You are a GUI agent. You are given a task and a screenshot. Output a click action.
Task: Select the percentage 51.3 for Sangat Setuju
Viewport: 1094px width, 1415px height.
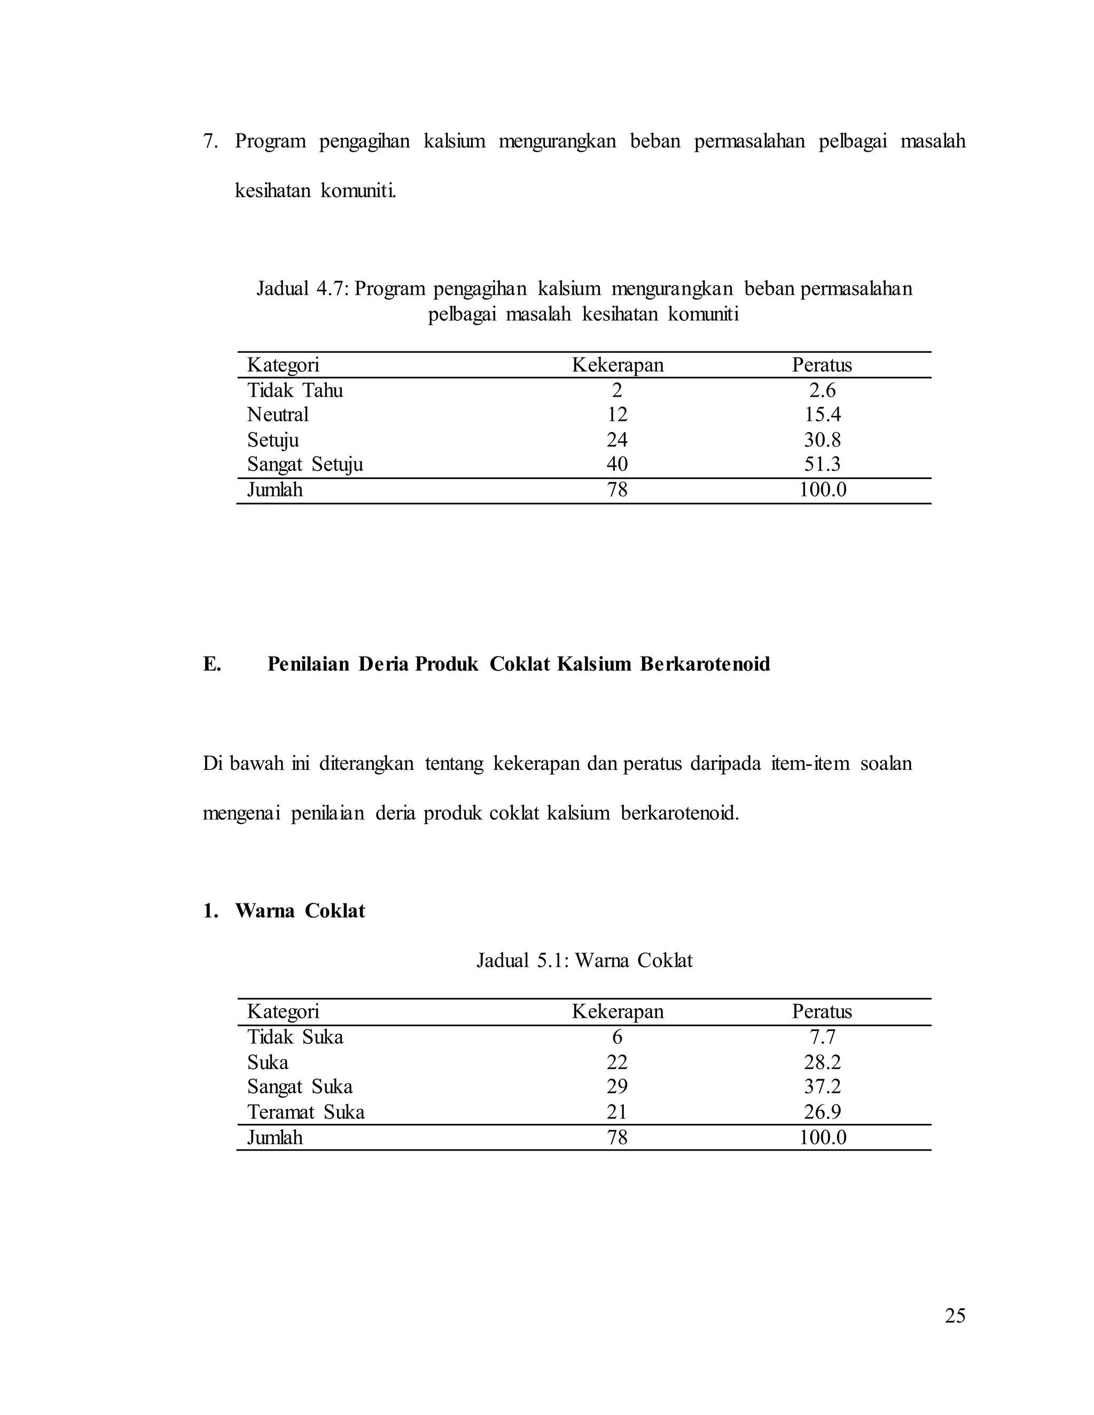[x=822, y=465]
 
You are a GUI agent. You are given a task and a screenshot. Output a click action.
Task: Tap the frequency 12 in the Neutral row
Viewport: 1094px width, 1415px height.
[x=616, y=415]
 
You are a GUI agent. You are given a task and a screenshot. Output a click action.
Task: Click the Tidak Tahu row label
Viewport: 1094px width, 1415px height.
[x=295, y=391]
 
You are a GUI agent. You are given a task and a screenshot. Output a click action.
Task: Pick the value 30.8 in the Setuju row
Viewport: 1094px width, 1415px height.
[x=822, y=440]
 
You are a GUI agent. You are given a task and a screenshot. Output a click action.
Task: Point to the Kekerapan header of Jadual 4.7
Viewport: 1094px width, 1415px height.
[x=617, y=365]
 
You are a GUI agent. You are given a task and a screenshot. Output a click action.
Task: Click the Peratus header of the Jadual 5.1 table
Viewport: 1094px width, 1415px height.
[x=821, y=1012]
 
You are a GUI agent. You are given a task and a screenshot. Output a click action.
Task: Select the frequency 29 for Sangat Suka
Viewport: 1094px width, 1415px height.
[x=616, y=1087]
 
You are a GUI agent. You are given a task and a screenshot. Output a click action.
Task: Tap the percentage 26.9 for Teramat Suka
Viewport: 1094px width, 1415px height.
[x=822, y=1112]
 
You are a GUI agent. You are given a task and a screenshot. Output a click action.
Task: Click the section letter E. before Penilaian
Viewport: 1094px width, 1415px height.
[x=212, y=664]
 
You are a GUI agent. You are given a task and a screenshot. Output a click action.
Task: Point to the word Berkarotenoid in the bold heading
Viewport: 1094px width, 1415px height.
[x=705, y=664]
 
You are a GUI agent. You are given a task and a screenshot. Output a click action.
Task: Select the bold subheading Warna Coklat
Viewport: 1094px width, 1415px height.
[x=300, y=911]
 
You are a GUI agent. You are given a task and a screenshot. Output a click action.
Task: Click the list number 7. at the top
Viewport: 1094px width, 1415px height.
[x=210, y=141]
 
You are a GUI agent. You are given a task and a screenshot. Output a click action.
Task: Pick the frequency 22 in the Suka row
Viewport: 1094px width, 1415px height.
[x=616, y=1063]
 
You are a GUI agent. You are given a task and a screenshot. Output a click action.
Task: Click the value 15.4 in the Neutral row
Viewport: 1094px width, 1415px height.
[x=822, y=415]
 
